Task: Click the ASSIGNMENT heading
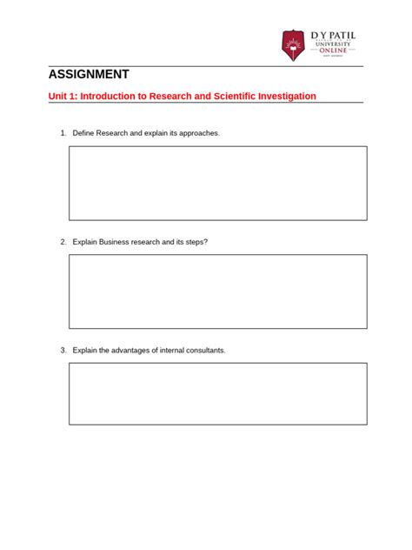click(x=89, y=75)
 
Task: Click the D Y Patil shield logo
click(x=294, y=45)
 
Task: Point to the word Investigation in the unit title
click(x=282, y=96)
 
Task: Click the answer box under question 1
click(x=218, y=183)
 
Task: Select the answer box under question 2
click(x=218, y=291)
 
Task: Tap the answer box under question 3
click(x=218, y=393)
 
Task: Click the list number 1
click(x=63, y=133)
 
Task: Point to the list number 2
click(x=63, y=242)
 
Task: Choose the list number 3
click(x=63, y=350)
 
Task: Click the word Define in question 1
click(x=84, y=133)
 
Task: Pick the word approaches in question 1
click(x=199, y=133)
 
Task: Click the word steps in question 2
click(x=196, y=242)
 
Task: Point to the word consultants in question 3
click(x=203, y=350)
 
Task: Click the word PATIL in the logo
click(x=341, y=35)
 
